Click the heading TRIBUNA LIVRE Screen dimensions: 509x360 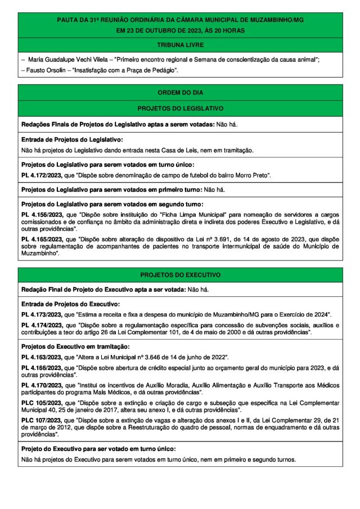(x=180, y=44)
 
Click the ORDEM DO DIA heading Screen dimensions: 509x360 (x=180, y=92)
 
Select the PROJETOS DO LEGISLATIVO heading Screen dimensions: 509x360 (x=180, y=107)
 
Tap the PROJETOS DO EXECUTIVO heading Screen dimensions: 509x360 (x=180, y=274)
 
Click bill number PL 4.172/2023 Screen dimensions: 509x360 (x=42, y=176)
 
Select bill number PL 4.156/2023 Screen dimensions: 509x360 (x=42, y=215)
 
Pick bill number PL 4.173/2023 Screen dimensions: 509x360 (x=42, y=314)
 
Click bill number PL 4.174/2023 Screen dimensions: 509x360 (x=42, y=326)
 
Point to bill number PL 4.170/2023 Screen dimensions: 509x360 (x=42, y=385)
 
